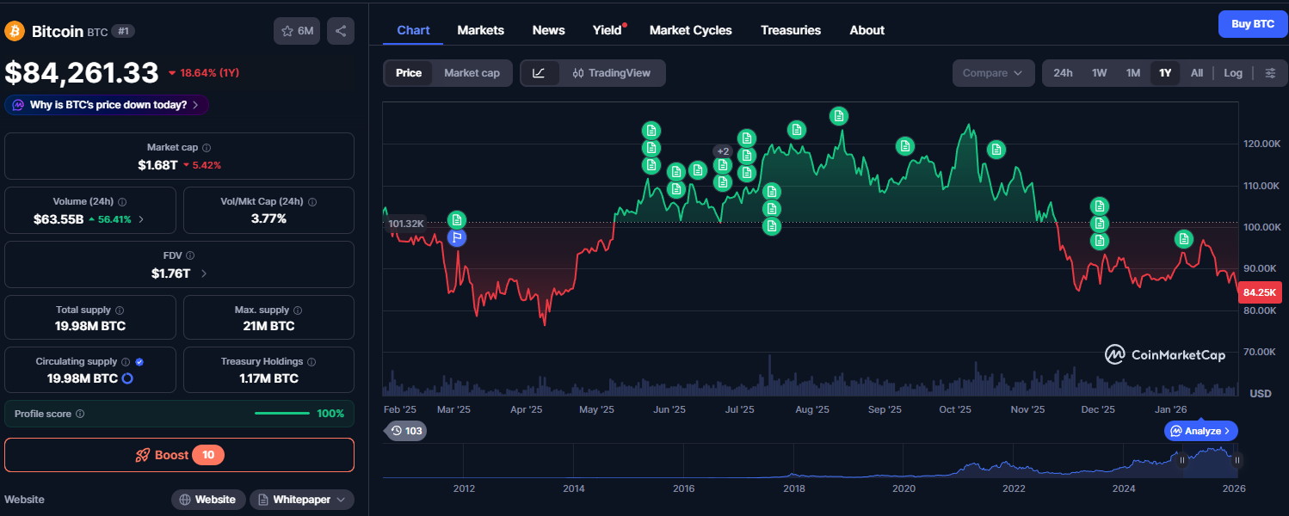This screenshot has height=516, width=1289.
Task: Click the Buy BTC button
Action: pos(1252,24)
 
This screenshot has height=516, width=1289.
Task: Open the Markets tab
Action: pos(480,30)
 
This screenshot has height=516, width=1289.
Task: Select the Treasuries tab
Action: pos(791,30)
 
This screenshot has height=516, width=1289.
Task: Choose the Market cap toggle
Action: pos(472,73)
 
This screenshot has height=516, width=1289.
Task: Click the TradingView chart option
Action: pos(611,73)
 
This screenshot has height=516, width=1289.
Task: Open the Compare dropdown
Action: pos(993,73)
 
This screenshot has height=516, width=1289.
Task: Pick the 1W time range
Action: pos(1099,73)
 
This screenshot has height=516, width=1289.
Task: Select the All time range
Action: pos(1197,73)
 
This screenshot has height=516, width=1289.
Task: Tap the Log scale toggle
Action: pos(1232,73)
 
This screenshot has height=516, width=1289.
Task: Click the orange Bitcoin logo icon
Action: pos(15,31)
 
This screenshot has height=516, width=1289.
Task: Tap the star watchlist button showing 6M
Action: pos(297,31)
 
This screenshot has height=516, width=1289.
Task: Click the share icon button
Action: pos(341,31)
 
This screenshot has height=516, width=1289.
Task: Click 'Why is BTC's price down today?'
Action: pos(107,105)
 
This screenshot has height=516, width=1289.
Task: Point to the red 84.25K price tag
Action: pos(1260,292)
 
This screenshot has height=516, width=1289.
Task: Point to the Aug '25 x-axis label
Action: pos(812,409)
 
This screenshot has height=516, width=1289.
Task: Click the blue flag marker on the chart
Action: pos(457,237)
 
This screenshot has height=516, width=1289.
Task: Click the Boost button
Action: pos(179,455)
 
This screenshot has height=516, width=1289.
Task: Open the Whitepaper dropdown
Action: pos(301,500)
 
